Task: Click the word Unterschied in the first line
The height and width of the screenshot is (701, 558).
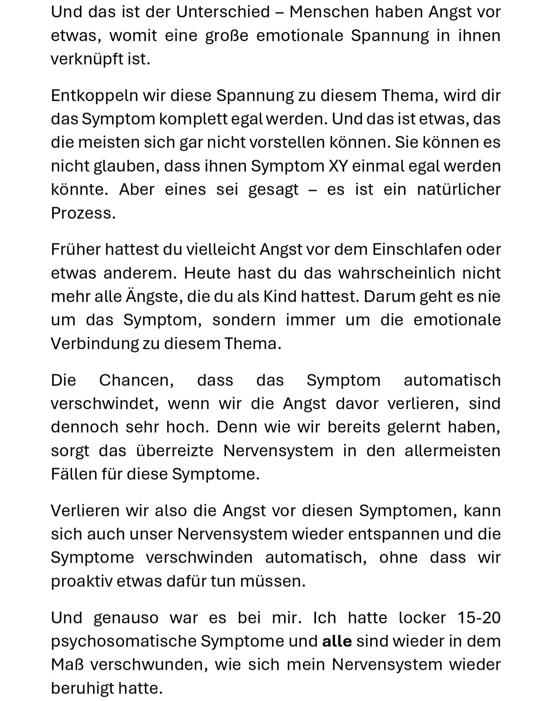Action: tap(223, 12)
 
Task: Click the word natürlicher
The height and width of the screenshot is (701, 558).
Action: tap(458, 190)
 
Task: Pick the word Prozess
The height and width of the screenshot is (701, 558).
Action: tap(83, 213)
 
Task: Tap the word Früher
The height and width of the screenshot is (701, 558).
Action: tap(75, 250)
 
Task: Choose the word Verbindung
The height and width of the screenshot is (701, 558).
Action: tap(95, 344)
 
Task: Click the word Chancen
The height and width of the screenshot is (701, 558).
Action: tap(136, 380)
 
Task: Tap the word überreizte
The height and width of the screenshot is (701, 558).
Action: tap(175, 451)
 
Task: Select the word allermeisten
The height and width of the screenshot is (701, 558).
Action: tap(452, 451)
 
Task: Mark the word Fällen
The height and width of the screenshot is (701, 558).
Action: tap(74, 474)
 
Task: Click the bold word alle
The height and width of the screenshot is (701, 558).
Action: tap(337, 641)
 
